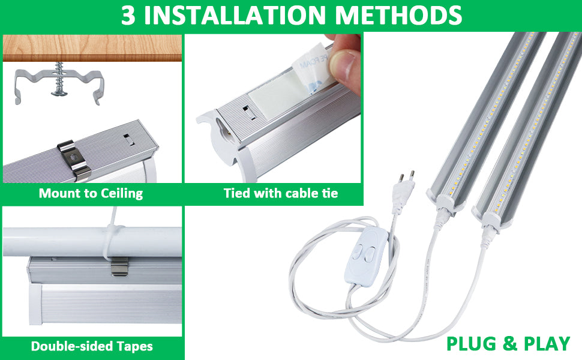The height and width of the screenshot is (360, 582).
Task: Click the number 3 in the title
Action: (x=128, y=15)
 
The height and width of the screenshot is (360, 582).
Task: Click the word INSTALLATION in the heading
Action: (x=235, y=15)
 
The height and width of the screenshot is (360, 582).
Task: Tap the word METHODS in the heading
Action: (x=398, y=15)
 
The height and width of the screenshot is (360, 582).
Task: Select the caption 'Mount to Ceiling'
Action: (x=91, y=193)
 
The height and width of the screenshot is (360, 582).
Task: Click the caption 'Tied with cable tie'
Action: (x=281, y=193)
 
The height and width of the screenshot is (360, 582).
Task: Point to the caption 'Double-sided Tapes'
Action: (x=92, y=346)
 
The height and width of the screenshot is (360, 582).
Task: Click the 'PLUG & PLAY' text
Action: (x=508, y=343)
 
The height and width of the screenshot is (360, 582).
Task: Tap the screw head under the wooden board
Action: (x=59, y=92)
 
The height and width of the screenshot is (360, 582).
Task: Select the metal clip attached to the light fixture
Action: (x=74, y=160)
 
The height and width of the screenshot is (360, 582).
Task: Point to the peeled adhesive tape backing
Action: (x=311, y=67)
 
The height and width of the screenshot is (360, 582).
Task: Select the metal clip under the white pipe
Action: (x=119, y=266)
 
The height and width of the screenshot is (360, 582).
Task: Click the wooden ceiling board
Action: (x=92, y=48)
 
